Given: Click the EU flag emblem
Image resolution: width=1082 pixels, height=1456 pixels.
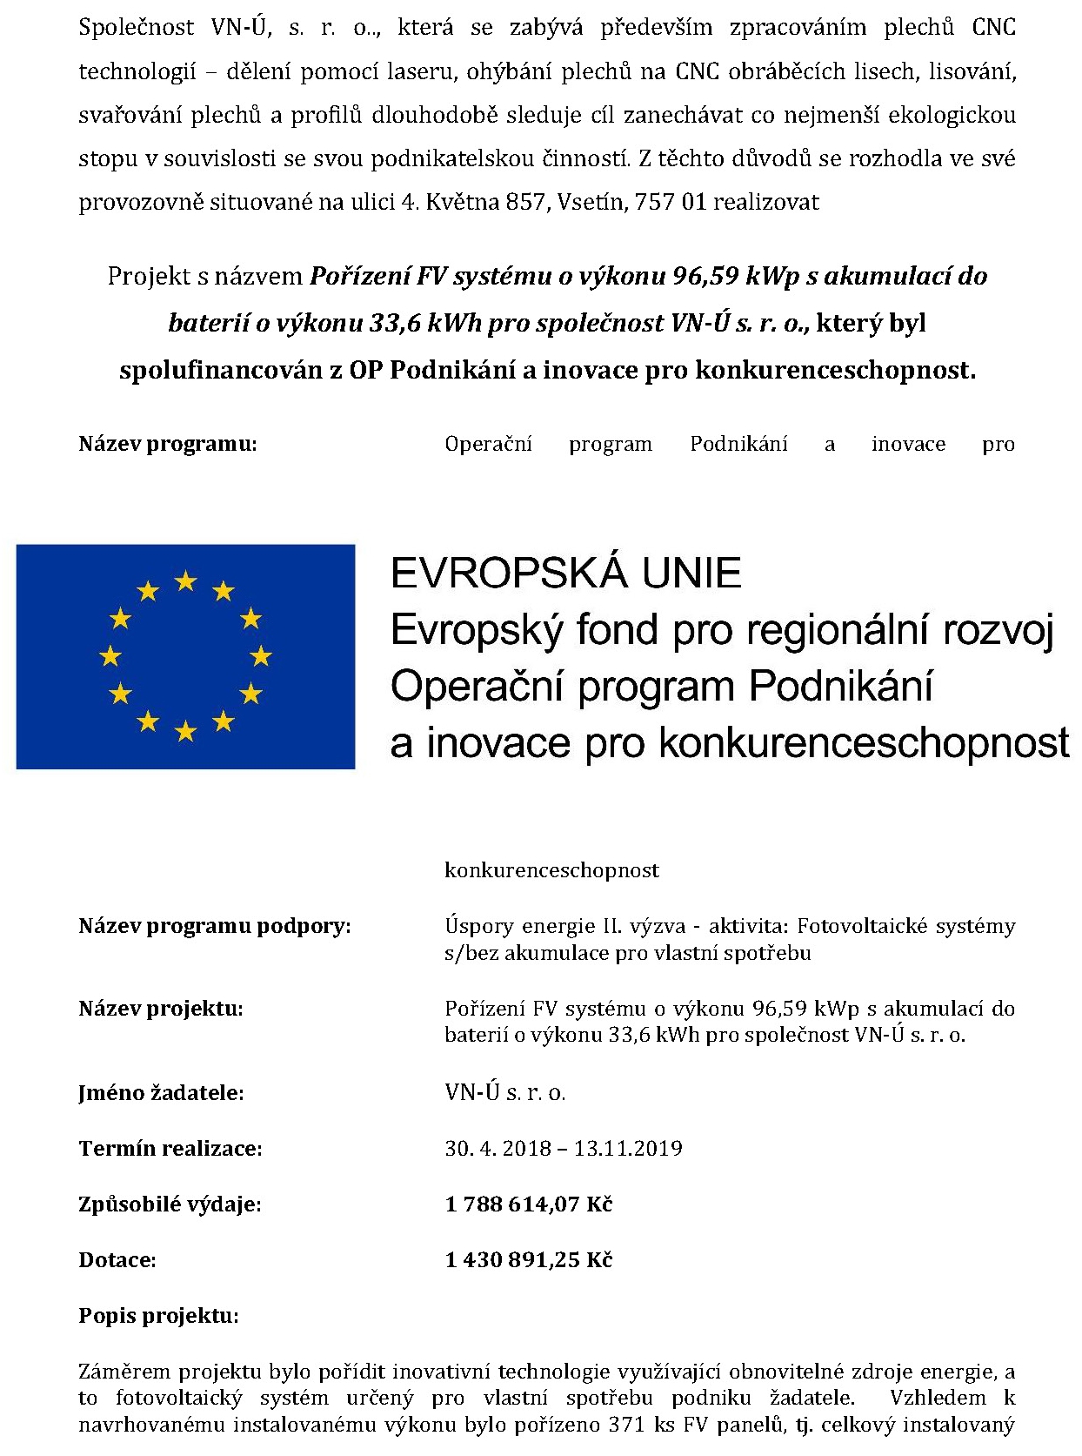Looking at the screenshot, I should click(185, 656).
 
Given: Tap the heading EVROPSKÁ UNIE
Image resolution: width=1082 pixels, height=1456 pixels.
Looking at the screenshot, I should click(565, 574).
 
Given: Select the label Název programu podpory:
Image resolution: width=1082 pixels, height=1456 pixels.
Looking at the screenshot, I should click(215, 926).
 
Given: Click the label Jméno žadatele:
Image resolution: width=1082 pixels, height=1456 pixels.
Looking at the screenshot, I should click(161, 1093).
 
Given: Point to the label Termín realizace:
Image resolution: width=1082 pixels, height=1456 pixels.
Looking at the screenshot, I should click(170, 1149).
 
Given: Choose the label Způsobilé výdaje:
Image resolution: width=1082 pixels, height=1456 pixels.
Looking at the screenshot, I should click(170, 1204).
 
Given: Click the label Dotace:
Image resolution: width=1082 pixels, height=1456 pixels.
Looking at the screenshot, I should click(117, 1260).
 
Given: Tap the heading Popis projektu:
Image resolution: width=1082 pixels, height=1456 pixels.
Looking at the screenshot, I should click(158, 1316).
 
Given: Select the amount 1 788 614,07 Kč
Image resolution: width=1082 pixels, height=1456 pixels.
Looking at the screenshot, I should click(529, 1204).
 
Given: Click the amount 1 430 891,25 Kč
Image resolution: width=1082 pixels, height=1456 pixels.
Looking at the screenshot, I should click(529, 1260).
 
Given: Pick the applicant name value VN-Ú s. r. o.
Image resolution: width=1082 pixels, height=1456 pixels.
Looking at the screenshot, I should click(505, 1093).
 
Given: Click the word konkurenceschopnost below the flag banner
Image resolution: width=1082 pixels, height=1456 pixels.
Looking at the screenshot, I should click(551, 870).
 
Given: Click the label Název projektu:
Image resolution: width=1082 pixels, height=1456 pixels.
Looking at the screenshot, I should click(161, 1010).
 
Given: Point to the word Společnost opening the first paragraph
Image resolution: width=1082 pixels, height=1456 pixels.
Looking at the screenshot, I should click(137, 28).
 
